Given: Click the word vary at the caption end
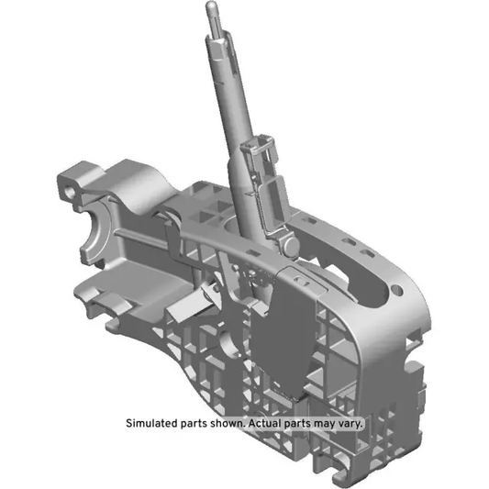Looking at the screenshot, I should [351, 424].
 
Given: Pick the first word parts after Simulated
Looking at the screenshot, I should [194, 424].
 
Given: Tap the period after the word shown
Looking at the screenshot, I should [244, 428].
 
